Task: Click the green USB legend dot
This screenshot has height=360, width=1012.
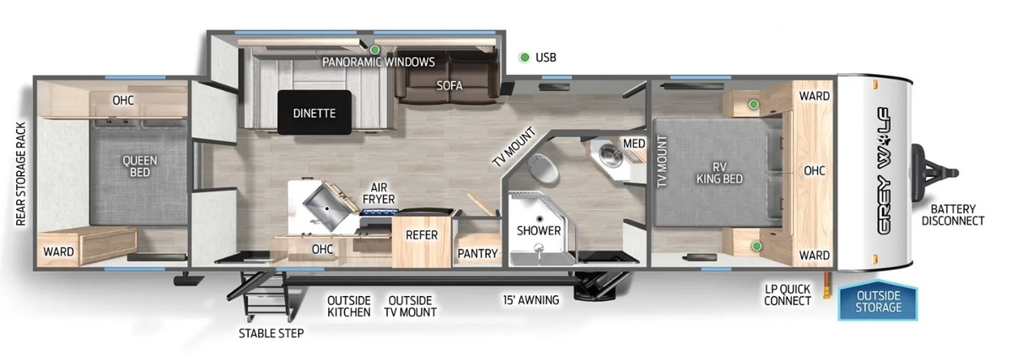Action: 525,57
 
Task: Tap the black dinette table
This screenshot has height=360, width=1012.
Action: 315,112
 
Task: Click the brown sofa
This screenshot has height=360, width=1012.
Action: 447,77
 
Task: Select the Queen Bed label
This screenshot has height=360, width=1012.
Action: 140,166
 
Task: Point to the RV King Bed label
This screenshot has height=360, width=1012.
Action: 719,173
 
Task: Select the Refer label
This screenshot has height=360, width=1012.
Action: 422,235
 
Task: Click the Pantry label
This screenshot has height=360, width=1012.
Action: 477,254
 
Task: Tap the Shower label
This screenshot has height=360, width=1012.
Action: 539,230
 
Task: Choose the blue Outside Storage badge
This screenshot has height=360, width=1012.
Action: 878,301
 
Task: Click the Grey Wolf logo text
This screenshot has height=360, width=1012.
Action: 884,171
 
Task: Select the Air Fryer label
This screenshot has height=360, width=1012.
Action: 379,193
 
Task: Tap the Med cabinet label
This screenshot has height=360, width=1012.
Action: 634,143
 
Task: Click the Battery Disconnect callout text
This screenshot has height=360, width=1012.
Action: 953,215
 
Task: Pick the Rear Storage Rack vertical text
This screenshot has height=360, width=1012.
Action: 21,174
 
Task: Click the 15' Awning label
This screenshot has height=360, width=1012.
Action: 530,300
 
